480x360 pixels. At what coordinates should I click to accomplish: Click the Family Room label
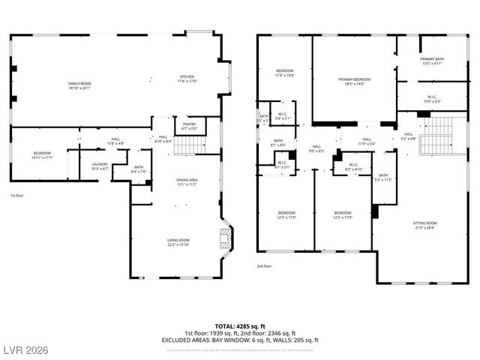(x=79, y=85)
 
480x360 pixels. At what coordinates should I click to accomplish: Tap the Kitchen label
(x=187, y=79)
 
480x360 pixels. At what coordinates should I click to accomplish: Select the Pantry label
(x=189, y=126)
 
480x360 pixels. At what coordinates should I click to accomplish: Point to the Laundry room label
(x=100, y=166)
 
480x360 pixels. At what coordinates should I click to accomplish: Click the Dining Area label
(x=187, y=181)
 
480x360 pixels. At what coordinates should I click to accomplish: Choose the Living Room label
(x=178, y=242)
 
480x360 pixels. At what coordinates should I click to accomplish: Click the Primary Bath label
(x=432, y=61)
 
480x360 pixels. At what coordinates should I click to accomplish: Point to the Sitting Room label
(x=424, y=226)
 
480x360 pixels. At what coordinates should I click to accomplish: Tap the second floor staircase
(x=434, y=135)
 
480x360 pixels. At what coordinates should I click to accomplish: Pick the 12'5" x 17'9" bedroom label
(x=343, y=214)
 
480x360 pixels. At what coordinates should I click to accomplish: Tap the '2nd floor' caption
(x=265, y=265)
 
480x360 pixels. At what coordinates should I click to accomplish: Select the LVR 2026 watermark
(x=25, y=351)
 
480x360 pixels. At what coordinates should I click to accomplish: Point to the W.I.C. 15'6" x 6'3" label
(x=432, y=98)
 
